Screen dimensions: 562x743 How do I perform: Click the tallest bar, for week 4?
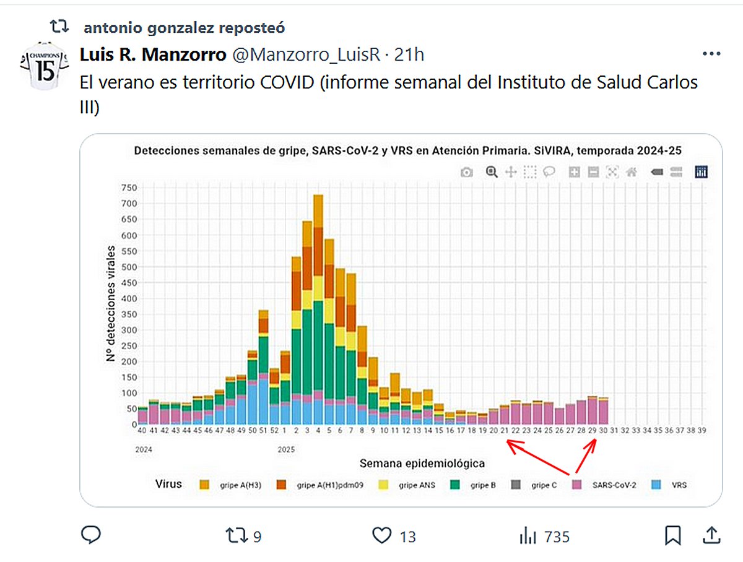coord(318,309)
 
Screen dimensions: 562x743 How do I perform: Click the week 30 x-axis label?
coord(602,430)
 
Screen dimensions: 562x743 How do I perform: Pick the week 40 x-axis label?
coord(142,430)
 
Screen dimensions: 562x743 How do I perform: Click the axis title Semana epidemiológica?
coord(422,463)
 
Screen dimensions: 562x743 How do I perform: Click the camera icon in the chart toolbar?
coord(466,173)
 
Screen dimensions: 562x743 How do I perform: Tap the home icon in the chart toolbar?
coord(632,173)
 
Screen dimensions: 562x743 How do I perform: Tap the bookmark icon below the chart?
coord(673,535)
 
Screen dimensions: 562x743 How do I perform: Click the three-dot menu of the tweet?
coord(711,54)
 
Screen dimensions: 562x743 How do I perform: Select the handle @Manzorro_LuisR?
coord(306,55)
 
